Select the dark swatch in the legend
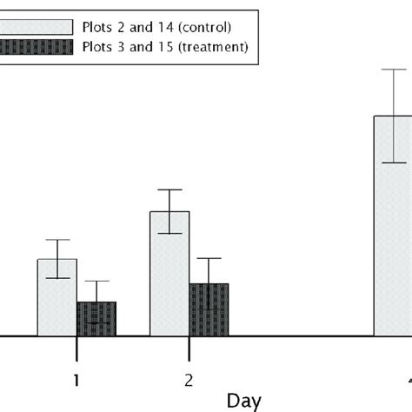(x=35, y=48)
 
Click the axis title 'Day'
(x=244, y=401)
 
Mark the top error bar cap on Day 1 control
(x=57, y=240)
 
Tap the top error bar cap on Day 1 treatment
(x=96, y=281)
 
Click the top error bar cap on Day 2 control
(x=169, y=189)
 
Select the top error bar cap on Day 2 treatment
(x=209, y=258)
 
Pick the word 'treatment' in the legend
(x=213, y=48)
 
